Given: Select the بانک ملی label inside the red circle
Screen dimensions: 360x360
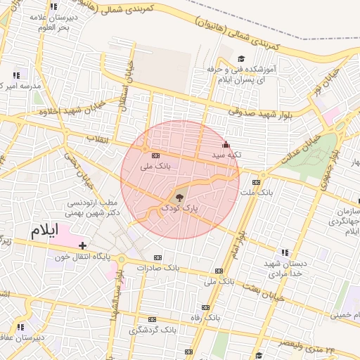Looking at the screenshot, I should click(x=156, y=167).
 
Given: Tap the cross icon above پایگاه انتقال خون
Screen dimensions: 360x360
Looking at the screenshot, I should click(x=83, y=245).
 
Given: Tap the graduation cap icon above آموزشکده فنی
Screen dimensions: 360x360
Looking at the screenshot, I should click(x=241, y=59).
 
